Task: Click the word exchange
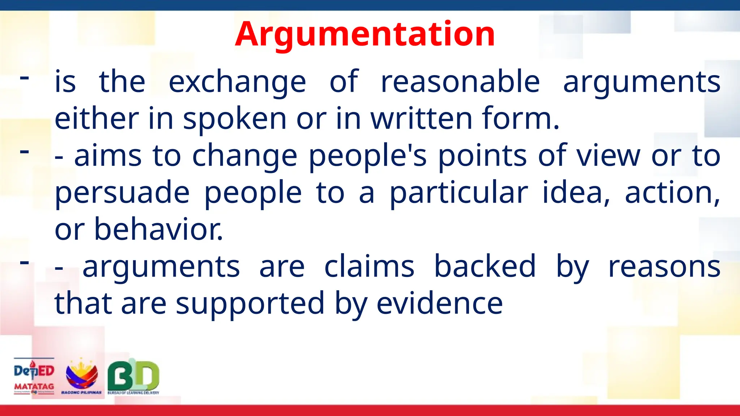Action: click(x=237, y=82)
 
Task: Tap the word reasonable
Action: click(x=460, y=82)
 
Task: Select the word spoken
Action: click(x=235, y=119)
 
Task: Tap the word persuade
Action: click(x=122, y=193)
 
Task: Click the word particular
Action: click(x=459, y=193)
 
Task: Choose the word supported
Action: click(x=250, y=304)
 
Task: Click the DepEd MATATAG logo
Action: click(x=34, y=376)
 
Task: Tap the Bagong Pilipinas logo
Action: click(x=82, y=376)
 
